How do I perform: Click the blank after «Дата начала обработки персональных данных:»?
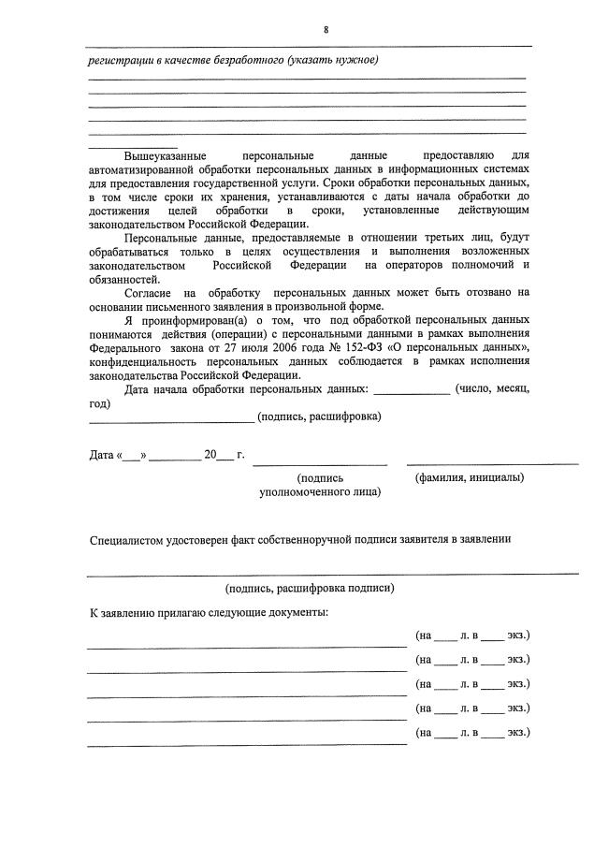[x=412, y=388]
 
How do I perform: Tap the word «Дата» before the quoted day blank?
[x=101, y=456]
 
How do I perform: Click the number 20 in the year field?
[x=210, y=456]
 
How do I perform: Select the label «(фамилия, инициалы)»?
[x=469, y=476]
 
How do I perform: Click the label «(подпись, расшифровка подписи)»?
[x=310, y=588]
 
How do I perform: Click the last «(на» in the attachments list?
[x=424, y=732]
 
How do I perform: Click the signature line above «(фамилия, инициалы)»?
[x=492, y=463]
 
